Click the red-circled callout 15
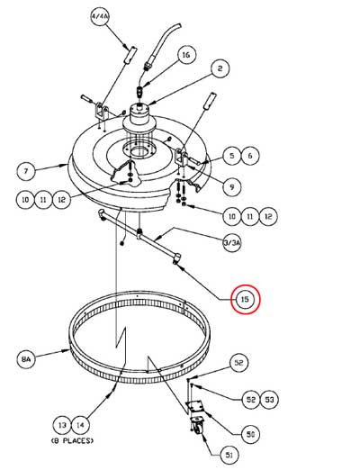(x=245, y=299)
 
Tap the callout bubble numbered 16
(x=186, y=55)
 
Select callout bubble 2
(x=220, y=68)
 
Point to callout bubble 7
(x=26, y=171)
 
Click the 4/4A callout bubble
(x=100, y=16)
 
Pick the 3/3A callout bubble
(x=232, y=243)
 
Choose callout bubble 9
(x=232, y=186)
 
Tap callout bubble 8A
(x=26, y=358)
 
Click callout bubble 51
(x=229, y=455)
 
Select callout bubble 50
(x=250, y=434)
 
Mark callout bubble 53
(x=269, y=400)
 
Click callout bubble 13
(x=62, y=425)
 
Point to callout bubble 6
(x=250, y=156)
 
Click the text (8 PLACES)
(x=72, y=441)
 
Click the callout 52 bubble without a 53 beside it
(x=238, y=363)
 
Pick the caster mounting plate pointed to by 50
(x=194, y=408)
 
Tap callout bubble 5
(x=232, y=156)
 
